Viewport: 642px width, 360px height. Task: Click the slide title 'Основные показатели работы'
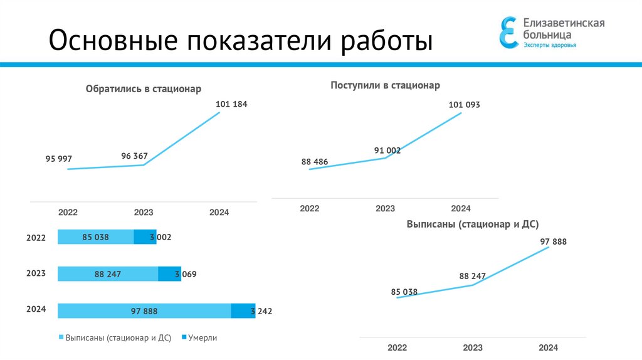click(x=241, y=41)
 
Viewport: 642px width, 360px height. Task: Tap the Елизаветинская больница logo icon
click(x=508, y=32)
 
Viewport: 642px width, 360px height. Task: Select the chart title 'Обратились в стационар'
click(x=143, y=89)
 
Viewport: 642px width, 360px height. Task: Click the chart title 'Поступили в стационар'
click(x=385, y=85)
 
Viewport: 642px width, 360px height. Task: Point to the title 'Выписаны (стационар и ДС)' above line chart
click(x=472, y=224)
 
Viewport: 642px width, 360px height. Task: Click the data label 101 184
click(x=231, y=104)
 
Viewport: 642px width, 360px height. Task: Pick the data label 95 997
click(x=59, y=159)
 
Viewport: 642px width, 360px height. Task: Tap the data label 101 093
click(x=464, y=105)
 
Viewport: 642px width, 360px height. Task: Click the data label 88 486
click(x=315, y=162)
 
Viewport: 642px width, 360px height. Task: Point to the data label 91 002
click(x=387, y=151)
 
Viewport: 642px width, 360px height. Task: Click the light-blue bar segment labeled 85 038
click(x=95, y=237)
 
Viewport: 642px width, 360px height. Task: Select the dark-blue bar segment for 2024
click(x=243, y=310)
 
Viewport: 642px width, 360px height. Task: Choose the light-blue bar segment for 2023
click(x=108, y=274)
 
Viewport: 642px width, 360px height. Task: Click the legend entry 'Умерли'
click(x=200, y=337)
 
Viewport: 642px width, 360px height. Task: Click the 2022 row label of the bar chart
click(x=36, y=238)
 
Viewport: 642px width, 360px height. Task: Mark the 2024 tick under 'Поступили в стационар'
click(x=461, y=208)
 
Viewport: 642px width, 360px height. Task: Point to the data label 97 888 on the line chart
click(x=553, y=241)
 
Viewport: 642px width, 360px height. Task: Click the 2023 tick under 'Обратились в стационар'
click(x=144, y=213)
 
